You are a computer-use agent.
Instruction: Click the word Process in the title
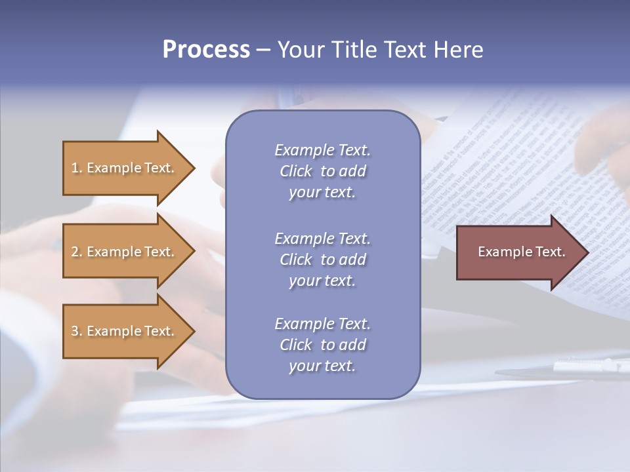click(x=206, y=50)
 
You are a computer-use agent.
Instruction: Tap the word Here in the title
click(x=458, y=50)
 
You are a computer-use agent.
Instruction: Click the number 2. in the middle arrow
click(x=77, y=252)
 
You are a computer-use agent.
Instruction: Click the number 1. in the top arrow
click(x=77, y=168)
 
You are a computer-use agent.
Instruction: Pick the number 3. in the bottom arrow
click(x=77, y=331)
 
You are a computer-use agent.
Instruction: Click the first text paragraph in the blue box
click(x=322, y=171)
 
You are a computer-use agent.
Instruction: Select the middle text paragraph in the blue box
click(x=322, y=260)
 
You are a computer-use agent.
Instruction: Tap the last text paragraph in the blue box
click(x=322, y=345)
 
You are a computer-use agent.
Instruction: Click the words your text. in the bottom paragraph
click(x=322, y=366)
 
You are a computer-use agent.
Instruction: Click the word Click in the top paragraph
click(x=296, y=171)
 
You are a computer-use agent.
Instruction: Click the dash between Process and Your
click(x=263, y=50)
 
